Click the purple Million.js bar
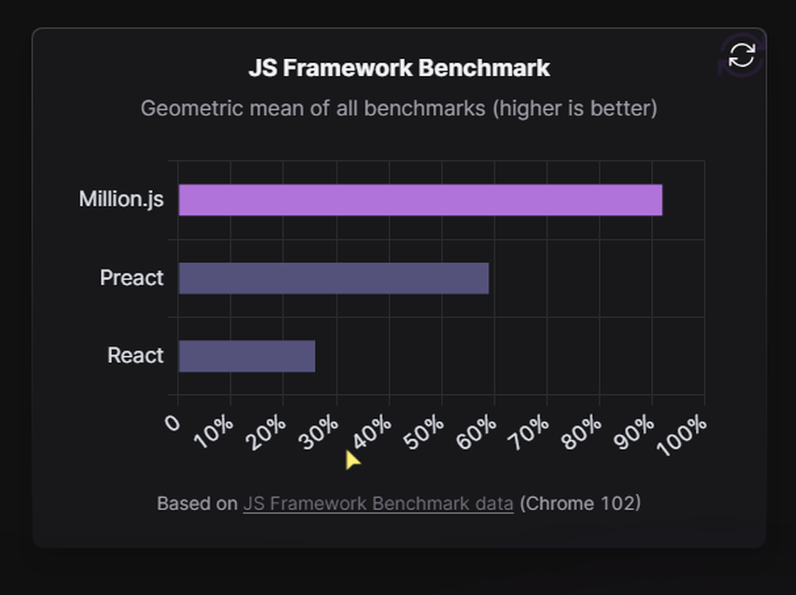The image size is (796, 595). tap(420, 200)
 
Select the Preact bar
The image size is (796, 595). tap(334, 278)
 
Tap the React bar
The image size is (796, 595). tap(247, 356)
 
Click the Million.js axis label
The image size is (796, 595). tap(121, 199)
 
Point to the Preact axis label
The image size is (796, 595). tap(131, 278)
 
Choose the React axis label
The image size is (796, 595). tap(135, 355)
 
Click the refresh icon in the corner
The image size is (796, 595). tap(741, 55)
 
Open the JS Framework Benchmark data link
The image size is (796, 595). tap(378, 503)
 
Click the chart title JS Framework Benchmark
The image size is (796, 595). tap(399, 69)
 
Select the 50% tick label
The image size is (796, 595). tap(426, 431)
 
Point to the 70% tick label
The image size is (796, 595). tap(531, 431)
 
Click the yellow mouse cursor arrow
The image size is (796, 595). tap(352, 460)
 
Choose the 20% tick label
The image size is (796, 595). tap(268, 431)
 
